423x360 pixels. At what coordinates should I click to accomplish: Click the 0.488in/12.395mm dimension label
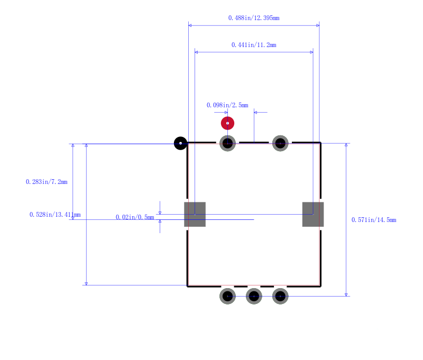[x=254, y=18]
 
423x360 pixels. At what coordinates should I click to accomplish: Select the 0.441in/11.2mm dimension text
[x=254, y=45]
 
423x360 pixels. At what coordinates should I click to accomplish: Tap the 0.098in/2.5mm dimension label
[x=227, y=105]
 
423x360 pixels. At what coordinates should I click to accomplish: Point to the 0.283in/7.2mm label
[x=47, y=182]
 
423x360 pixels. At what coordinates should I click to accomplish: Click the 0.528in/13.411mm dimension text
[x=55, y=215]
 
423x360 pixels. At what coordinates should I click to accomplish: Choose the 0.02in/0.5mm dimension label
[x=135, y=217]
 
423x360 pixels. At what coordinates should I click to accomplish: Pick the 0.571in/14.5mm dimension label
[x=373, y=220]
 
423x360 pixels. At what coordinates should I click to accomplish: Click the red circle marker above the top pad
[x=227, y=123]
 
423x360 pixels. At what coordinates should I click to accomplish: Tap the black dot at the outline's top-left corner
[x=181, y=143]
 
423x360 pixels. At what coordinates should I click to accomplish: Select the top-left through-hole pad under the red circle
[x=227, y=143]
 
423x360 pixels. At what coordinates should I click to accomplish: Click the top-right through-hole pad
[x=280, y=143]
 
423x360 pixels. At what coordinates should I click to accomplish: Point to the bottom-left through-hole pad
[x=227, y=296]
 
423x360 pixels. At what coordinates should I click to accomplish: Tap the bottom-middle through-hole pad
[x=254, y=296]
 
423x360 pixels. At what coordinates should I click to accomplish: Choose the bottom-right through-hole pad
[x=280, y=296]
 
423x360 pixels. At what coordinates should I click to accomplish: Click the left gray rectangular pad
[x=195, y=214]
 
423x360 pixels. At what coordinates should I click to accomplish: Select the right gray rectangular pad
[x=313, y=214]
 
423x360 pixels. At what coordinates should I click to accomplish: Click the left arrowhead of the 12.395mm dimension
[x=190, y=25]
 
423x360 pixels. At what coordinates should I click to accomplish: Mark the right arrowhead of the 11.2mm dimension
[x=311, y=52]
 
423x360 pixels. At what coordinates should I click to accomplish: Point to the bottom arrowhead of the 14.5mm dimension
[x=346, y=294]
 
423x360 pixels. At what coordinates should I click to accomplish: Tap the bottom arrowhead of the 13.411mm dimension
[x=86, y=283]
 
